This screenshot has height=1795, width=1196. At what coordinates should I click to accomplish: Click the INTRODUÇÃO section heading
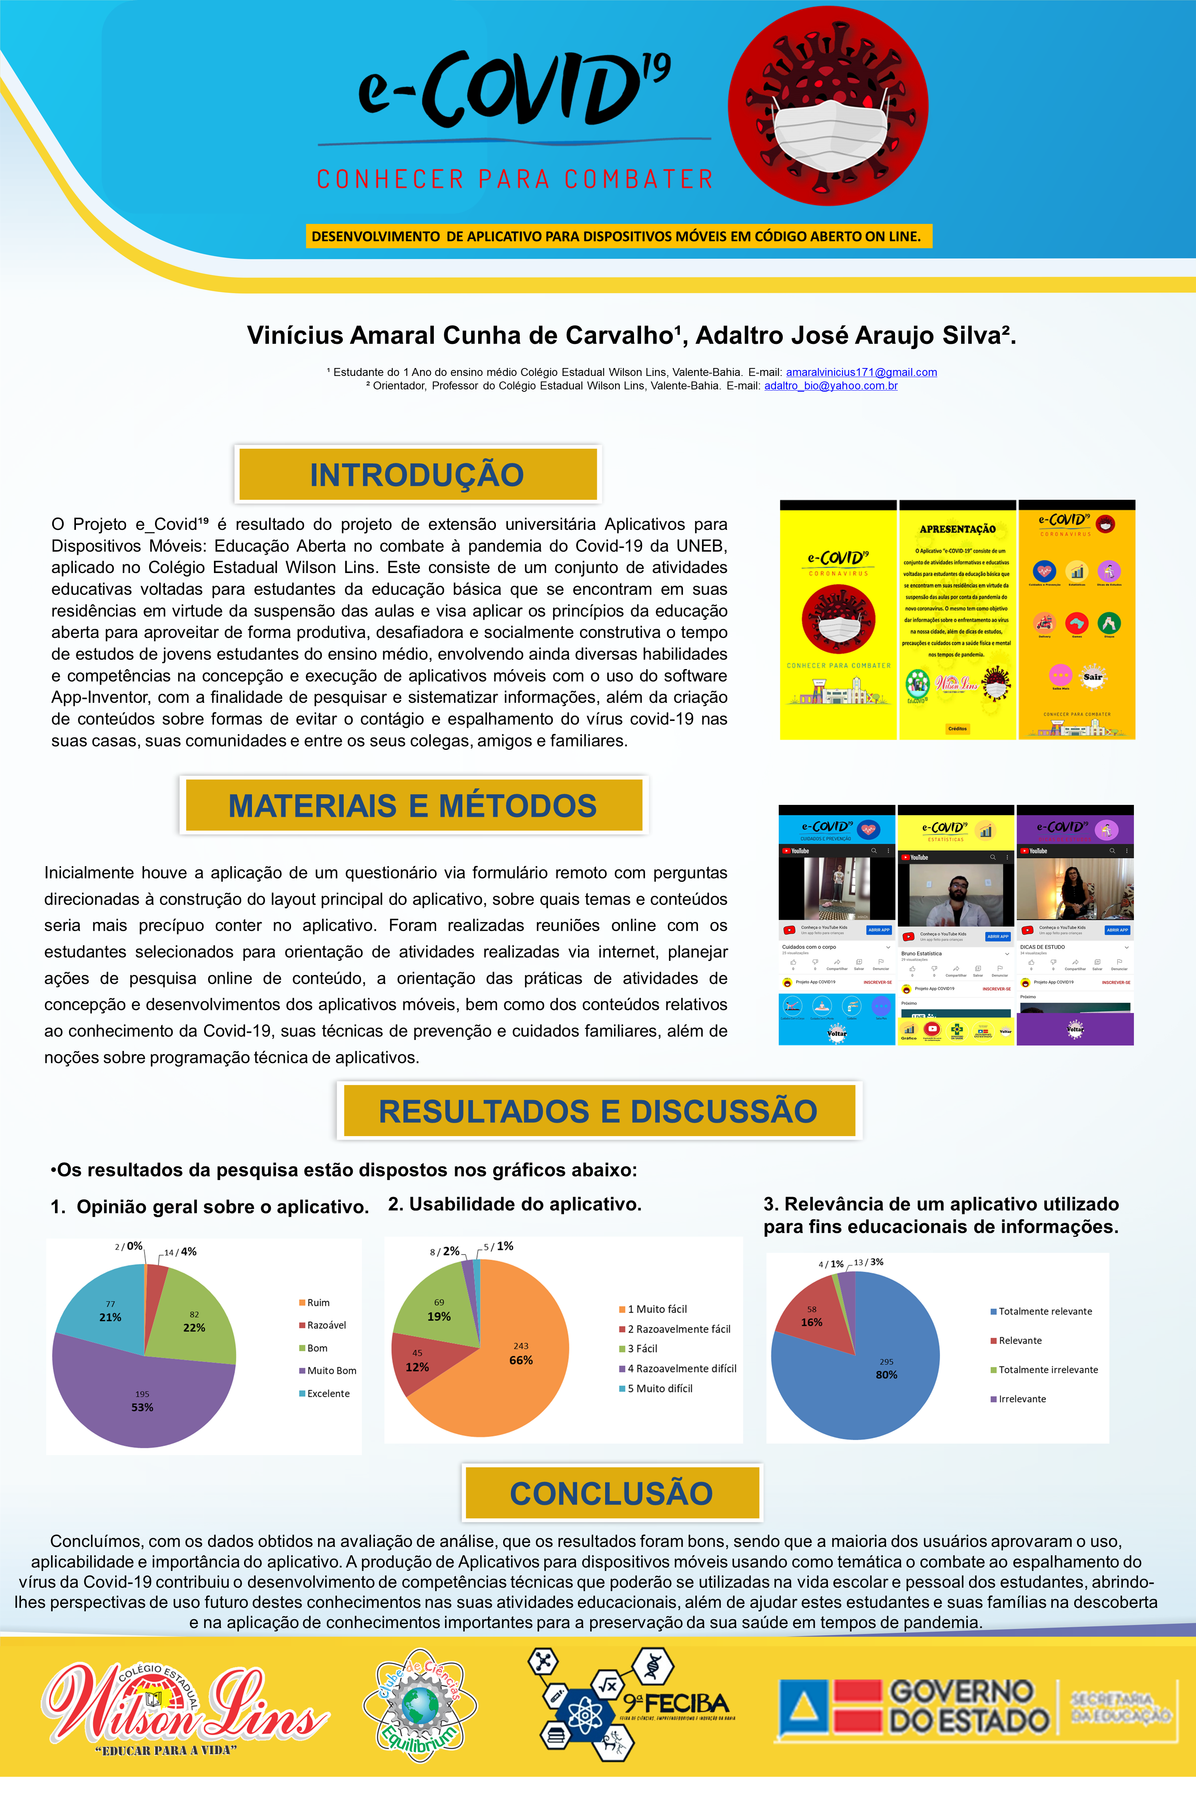417,475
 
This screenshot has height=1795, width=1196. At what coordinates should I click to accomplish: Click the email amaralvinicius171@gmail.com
861,372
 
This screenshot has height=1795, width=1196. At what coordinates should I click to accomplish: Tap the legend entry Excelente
328,1394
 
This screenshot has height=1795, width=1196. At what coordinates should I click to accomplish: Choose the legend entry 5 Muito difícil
660,1388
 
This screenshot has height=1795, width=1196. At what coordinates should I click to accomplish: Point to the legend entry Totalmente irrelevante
1048,1370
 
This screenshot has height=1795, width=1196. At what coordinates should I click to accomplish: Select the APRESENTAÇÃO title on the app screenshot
957,529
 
